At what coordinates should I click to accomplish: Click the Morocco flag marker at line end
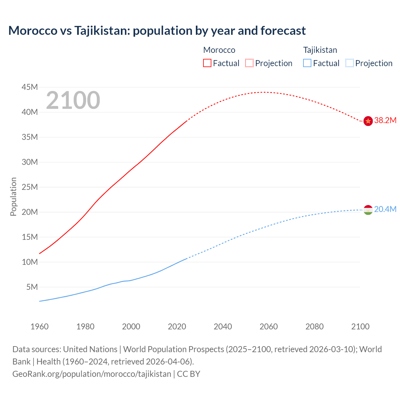coord(368,121)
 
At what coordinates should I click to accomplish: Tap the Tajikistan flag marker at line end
coord(368,210)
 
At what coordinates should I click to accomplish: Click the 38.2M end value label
coord(385,121)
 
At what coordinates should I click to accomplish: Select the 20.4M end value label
coord(385,209)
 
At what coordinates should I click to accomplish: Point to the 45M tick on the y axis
coord(30,87)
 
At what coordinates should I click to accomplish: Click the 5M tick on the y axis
coord(32,287)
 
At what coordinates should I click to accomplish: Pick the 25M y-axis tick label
coord(30,187)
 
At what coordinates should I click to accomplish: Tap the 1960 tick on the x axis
coord(40,327)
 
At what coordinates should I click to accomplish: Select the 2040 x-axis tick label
coord(223,327)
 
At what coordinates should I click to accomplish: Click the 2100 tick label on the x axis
coord(360,327)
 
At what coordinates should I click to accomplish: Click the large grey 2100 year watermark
coord(73,100)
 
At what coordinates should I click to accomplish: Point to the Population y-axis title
coord(13,196)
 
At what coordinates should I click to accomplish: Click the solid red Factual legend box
coord(207,63)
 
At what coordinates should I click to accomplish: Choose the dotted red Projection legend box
coord(249,63)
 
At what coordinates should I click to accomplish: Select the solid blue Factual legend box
coord(307,63)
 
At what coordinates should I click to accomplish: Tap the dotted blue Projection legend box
coord(349,63)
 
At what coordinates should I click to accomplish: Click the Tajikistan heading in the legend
coord(320,50)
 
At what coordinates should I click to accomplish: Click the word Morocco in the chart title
coord(33,31)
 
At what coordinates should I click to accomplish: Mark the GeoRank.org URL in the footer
coord(92,374)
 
